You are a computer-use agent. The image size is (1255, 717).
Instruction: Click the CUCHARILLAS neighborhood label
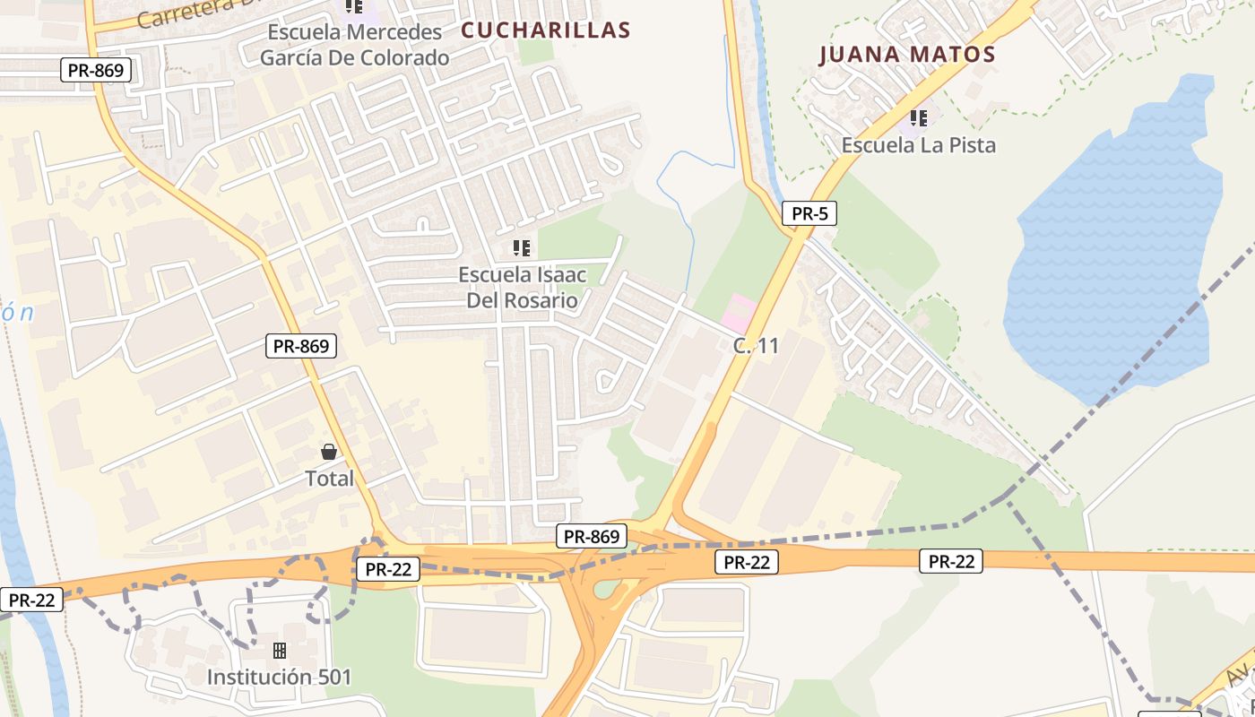tap(545, 30)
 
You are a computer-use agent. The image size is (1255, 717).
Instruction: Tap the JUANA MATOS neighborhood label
tap(907, 54)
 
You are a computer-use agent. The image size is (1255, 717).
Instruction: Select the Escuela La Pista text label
tap(918, 144)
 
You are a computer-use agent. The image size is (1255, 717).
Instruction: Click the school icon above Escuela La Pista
tap(918, 117)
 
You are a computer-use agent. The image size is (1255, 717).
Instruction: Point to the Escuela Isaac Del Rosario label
tap(522, 287)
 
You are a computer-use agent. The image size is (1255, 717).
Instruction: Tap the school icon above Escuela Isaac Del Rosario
tap(522, 247)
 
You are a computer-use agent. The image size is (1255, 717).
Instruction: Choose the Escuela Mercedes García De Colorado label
tap(354, 45)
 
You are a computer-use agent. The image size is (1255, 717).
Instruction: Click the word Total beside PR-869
tap(330, 479)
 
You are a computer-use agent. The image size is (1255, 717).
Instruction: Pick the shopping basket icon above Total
tap(329, 452)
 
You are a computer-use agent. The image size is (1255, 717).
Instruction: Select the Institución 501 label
tap(280, 677)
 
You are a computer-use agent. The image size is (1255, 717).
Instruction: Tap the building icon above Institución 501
tap(280, 650)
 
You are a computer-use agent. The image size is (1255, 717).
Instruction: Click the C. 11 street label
tap(756, 345)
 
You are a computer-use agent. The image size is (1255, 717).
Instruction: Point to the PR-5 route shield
tap(809, 213)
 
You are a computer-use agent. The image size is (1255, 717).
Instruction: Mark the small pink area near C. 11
tap(739, 311)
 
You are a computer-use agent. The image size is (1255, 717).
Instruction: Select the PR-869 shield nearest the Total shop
tap(300, 345)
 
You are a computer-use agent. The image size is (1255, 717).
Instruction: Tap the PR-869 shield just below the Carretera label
tap(96, 70)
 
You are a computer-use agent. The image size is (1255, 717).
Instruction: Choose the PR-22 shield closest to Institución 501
tap(387, 568)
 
